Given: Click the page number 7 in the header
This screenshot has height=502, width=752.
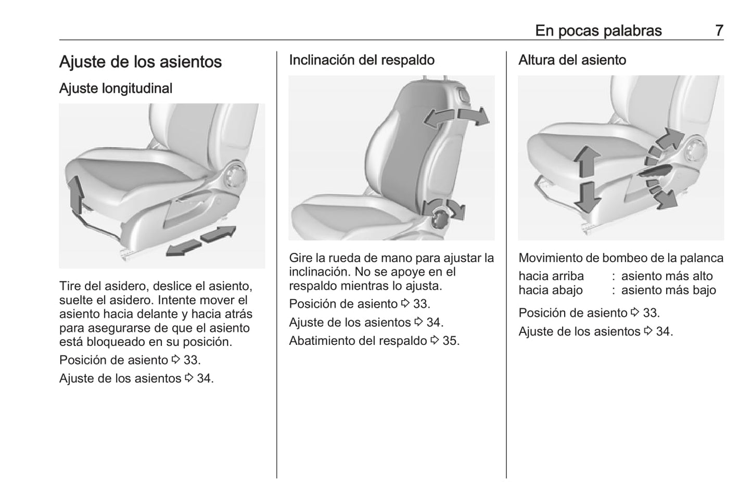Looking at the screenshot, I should pos(719,31).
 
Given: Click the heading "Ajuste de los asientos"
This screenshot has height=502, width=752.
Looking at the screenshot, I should pos(141,62).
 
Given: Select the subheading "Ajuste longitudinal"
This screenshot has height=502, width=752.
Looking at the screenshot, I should pos(116,88).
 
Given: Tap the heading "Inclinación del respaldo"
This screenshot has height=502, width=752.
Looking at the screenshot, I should pos(362,60).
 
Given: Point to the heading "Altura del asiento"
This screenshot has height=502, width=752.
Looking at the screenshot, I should pos(572,60).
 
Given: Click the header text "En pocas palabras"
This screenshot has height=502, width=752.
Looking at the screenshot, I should pos(598,31).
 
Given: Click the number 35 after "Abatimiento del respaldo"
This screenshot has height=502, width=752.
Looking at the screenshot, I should pos(451,341).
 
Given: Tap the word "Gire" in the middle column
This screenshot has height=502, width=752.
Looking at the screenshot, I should pos(300,258).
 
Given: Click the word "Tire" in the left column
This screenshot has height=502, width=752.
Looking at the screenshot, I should pos(70,286).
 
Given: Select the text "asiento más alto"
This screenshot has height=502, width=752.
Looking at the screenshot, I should pos(667,276).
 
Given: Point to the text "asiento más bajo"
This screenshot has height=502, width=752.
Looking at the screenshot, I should pos(668,290).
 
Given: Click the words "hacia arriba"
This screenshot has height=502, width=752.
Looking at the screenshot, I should pos(551,276).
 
